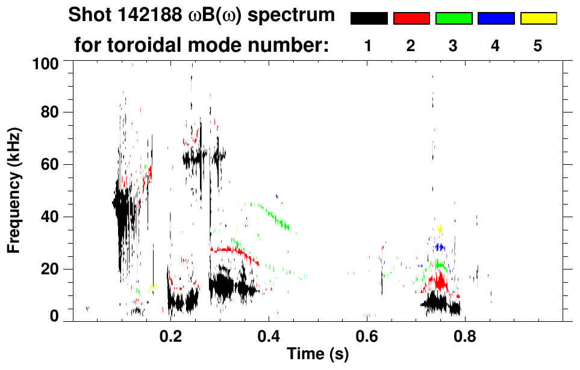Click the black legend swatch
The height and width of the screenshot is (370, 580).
pyautogui.click(x=369, y=19)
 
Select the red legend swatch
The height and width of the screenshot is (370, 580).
pyautogui.click(x=411, y=19)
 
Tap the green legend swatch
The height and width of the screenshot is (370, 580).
pyautogui.click(x=454, y=19)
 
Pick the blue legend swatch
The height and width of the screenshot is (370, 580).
pyautogui.click(x=496, y=19)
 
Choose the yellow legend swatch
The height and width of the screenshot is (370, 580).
pyautogui.click(x=538, y=19)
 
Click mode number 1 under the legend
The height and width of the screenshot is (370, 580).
pyautogui.click(x=368, y=46)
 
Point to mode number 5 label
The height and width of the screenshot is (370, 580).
pyautogui.click(x=538, y=46)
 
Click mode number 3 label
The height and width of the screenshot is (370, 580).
pyautogui.click(x=453, y=46)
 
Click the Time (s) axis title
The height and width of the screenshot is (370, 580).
pyautogui.click(x=317, y=355)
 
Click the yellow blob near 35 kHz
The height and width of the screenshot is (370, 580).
pyautogui.click(x=441, y=229)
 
